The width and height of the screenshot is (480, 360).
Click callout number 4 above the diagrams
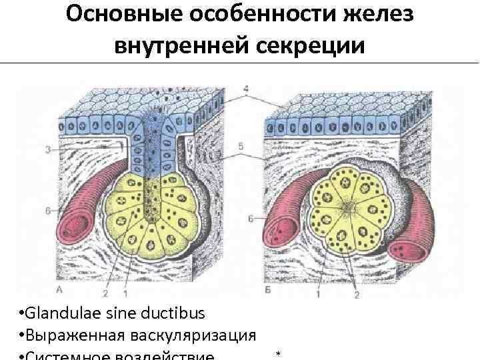[x=246, y=88]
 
